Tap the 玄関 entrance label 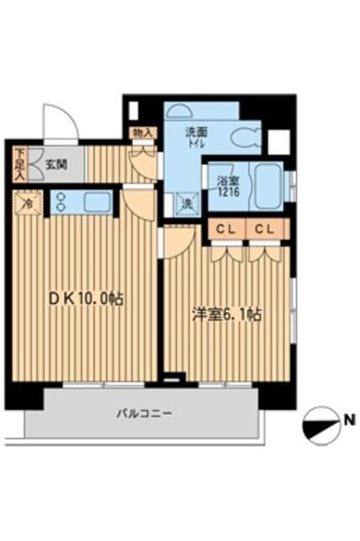[x=56, y=165]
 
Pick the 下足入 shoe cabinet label [x=19, y=164]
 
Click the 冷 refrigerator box [x=26, y=203]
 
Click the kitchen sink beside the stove [x=95, y=202]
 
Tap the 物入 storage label [x=142, y=134]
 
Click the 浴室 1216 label [x=226, y=186]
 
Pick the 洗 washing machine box [x=186, y=203]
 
